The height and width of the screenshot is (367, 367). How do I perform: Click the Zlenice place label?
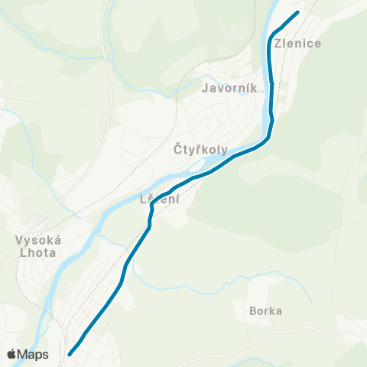coord(297,44)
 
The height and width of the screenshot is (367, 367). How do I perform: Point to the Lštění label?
coord(160,200)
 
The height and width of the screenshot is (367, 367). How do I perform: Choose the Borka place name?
coord(265,311)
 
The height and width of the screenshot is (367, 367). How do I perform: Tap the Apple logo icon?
coord(11,354)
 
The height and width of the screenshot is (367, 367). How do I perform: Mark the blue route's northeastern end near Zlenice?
coord(297,11)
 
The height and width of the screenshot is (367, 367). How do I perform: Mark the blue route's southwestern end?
coord(70,354)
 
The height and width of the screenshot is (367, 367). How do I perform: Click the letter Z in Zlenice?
coord(278,44)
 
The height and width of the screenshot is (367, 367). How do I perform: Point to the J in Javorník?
coord(205,88)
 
